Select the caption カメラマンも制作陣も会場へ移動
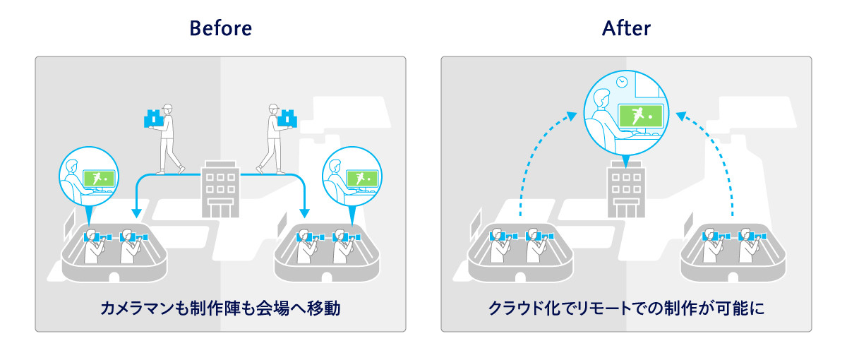pos(220,308)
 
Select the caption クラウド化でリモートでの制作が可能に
pos(626,308)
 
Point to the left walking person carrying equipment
pos(168,138)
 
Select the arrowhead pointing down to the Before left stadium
pos(135,213)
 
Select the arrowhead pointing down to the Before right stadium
pos(305,213)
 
